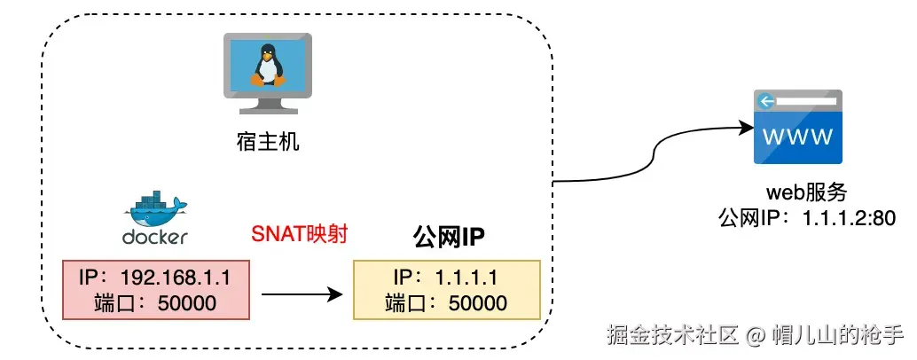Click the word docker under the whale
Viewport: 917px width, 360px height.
pyautogui.click(x=154, y=237)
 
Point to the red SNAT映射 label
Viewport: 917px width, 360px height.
pyautogui.click(x=299, y=235)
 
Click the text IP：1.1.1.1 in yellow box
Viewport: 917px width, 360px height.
pyautogui.click(x=446, y=277)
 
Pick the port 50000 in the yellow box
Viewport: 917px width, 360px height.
pyautogui.click(x=477, y=302)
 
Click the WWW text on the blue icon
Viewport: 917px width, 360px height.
pyautogui.click(x=797, y=137)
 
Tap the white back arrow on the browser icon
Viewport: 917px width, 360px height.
pyautogui.click(x=764, y=101)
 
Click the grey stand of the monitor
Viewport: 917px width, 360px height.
pyautogui.click(x=268, y=104)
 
